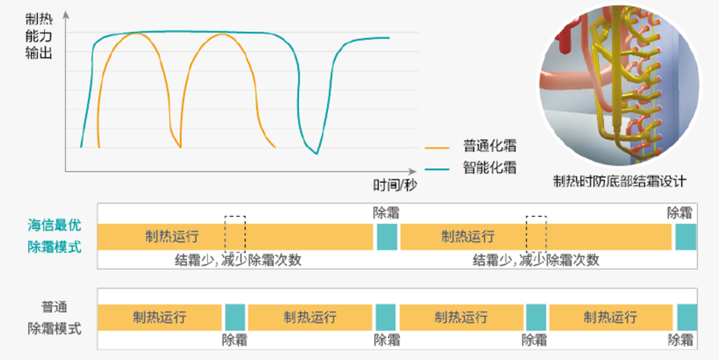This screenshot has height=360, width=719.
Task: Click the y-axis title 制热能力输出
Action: (39, 36)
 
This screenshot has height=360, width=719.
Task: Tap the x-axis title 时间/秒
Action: (394, 185)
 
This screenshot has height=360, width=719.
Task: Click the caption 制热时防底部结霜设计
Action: (620, 182)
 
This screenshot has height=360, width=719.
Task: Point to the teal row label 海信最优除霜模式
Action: (55, 236)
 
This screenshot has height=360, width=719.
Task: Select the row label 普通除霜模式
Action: (55, 317)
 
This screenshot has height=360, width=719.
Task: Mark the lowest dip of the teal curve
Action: (316, 154)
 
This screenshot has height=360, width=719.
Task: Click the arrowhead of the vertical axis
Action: (65, 15)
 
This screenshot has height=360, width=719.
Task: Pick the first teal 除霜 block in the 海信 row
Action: (387, 237)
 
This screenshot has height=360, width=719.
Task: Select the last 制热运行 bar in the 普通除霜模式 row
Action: (610, 317)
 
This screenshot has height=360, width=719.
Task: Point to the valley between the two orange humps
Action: (180, 147)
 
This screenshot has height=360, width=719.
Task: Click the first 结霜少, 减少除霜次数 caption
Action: (238, 260)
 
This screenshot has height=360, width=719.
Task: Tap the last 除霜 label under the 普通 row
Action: (680, 340)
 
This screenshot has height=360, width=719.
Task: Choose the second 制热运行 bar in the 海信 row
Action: (536, 237)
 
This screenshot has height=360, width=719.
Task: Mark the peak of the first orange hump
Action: (136, 34)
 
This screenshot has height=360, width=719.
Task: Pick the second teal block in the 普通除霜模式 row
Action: (385, 317)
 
